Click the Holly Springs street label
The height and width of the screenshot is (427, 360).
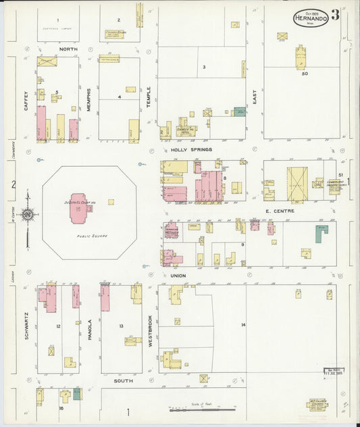click(191, 149)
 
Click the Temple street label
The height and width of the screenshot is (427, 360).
click(149, 99)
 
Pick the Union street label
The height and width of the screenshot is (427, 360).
click(178, 276)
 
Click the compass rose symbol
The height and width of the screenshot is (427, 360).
click(28, 216)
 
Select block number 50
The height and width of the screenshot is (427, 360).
click(305, 73)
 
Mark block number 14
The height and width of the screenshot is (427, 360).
click(243, 326)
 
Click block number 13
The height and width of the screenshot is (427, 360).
click(121, 326)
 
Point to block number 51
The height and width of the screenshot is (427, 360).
click(340, 175)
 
